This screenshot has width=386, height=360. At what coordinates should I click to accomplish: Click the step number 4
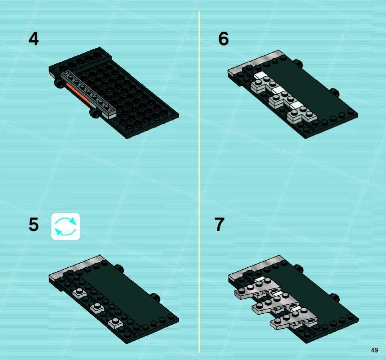click(34, 39)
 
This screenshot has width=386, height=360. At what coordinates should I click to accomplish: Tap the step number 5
click(34, 224)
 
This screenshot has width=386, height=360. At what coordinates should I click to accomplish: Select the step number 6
click(224, 39)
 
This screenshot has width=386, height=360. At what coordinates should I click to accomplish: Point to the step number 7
click(219, 224)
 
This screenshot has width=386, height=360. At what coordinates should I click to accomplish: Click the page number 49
click(374, 350)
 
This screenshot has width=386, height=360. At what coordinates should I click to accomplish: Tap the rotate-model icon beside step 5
click(66, 226)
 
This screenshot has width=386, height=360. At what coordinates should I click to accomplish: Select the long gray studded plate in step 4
click(89, 94)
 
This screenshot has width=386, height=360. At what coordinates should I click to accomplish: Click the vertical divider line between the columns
click(199, 182)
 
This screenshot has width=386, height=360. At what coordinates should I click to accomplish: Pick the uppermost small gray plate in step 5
click(79, 293)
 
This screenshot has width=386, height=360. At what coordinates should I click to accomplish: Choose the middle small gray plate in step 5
click(97, 308)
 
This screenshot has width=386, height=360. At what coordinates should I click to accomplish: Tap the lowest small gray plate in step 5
click(115, 323)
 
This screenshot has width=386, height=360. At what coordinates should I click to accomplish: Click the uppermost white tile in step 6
click(261, 75)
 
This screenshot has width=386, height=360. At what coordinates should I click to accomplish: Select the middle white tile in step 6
click(279, 90)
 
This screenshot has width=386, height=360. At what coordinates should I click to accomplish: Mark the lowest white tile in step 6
click(296, 105)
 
